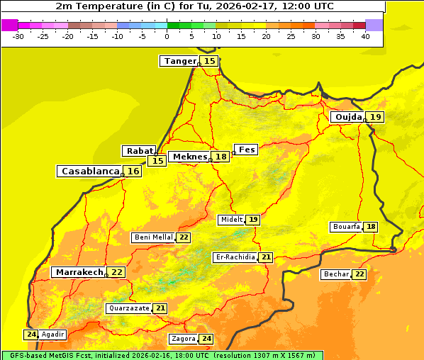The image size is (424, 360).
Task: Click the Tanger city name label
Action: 179,61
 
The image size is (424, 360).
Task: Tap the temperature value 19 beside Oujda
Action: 375,117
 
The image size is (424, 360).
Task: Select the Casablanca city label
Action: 89,171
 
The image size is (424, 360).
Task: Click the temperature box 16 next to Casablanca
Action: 133,171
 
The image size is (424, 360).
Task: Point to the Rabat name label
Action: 139,151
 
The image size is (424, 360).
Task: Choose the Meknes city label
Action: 189,157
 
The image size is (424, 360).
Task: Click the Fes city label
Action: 246,150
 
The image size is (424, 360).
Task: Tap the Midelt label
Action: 231,220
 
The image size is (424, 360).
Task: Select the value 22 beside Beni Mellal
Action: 184,237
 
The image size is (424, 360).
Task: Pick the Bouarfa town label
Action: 347,227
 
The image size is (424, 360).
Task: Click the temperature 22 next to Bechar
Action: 359,274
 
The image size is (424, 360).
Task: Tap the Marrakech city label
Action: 79,272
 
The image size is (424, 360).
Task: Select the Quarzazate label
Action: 128,308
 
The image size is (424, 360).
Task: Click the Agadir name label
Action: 52,334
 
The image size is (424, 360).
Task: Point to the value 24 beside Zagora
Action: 206,339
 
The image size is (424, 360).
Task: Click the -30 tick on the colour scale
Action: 18,36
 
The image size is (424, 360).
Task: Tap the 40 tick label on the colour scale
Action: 365,36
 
